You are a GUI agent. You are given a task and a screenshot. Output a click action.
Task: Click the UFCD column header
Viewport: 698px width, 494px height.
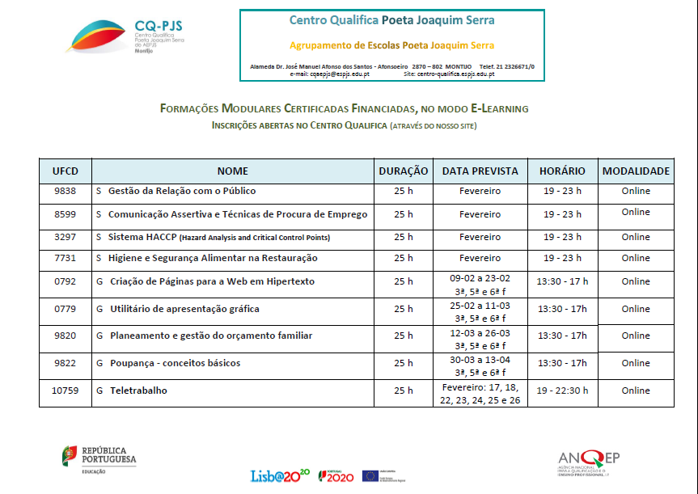click(x=66, y=171)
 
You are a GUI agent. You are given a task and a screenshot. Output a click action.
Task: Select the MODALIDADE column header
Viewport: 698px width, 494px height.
click(x=636, y=171)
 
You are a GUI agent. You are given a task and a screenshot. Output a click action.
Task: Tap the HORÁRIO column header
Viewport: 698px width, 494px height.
click(x=562, y=171)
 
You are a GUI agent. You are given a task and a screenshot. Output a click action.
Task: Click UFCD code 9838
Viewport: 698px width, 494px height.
click(x=66, y=192)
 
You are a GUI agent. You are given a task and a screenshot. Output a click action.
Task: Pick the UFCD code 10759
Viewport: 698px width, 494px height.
click(x=66, y=391)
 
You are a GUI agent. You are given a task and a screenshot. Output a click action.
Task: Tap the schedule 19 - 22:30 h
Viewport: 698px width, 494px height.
click(x=562, y=391)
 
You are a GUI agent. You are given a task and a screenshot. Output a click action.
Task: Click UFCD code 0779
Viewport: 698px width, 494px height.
click(x=66, y=310)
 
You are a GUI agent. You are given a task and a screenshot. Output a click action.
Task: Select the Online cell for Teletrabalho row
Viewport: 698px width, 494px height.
click(x=636, y=391)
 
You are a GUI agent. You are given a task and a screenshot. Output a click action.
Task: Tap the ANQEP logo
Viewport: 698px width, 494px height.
click(x=588, y=462)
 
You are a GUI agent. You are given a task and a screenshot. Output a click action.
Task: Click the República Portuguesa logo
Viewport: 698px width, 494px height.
click(x=99, y=458)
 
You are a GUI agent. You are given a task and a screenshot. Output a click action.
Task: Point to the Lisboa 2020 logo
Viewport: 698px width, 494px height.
click(x=281, y=475)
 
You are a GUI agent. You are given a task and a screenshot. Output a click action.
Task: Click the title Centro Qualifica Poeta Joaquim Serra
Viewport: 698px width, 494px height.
click(x=391, y=20)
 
